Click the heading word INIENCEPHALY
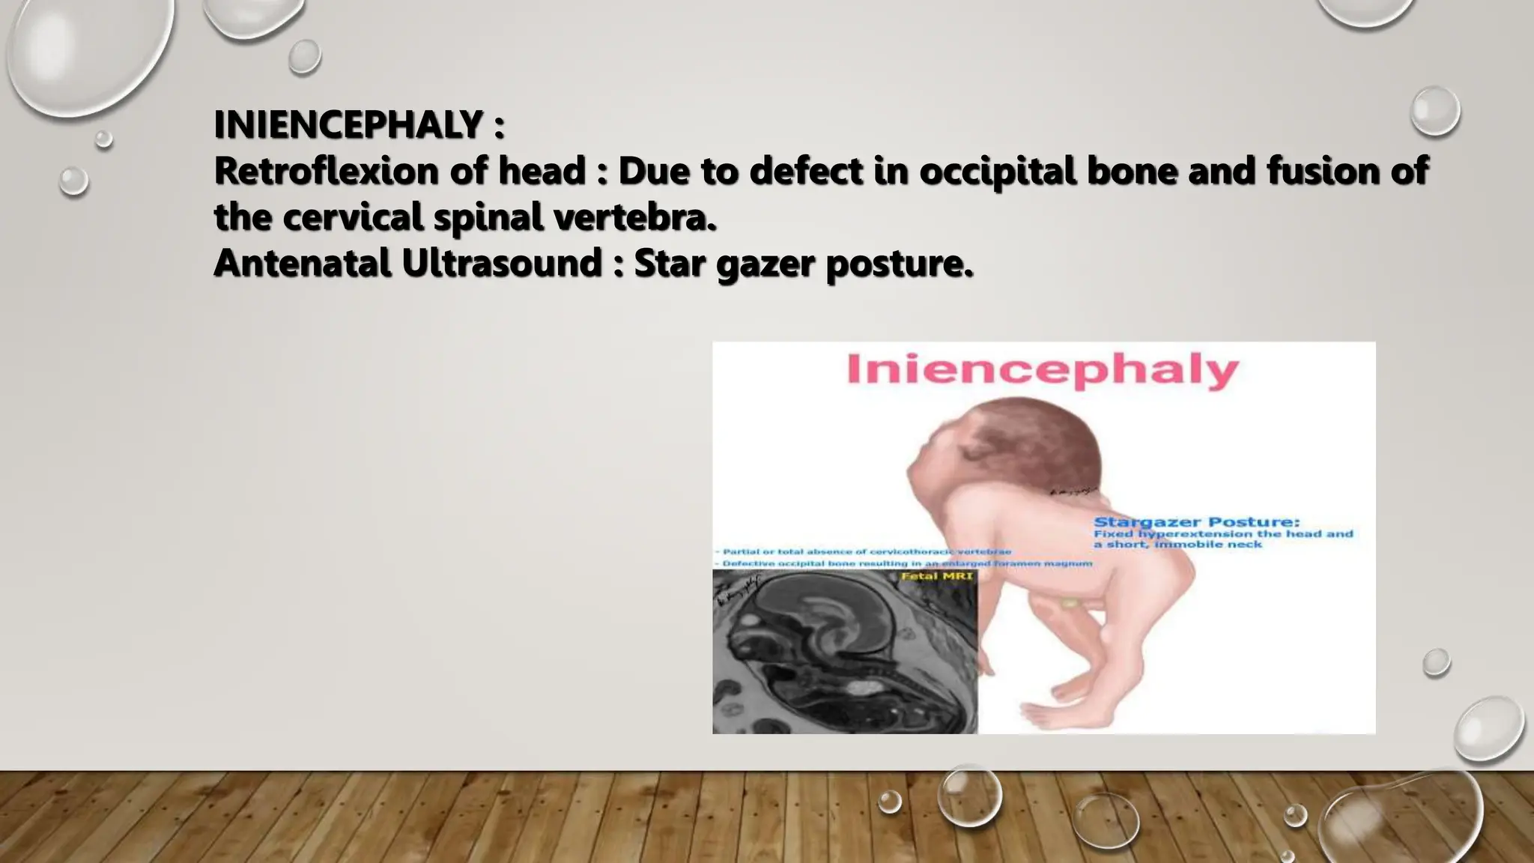coord(349,125)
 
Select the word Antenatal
coord(303,263)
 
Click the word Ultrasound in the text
coord(502,263)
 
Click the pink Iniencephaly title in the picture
coord(1043,370)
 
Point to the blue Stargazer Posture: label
coord(1196,522)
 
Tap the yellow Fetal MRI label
coord(936,576)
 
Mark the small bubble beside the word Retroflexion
coord(73,181)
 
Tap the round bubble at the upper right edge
coord(1434,111)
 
